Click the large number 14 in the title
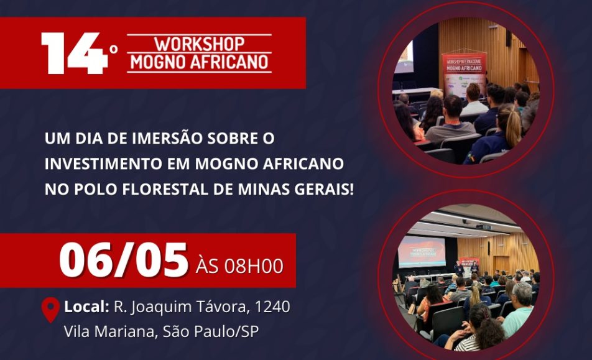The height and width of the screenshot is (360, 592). [75, 53]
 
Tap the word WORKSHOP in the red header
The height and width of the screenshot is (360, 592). [200, 44]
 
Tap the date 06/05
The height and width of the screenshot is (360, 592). [124, 261]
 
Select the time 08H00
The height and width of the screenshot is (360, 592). [254, 266]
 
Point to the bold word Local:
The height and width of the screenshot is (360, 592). [87, 307]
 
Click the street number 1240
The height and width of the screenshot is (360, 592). [272, 307]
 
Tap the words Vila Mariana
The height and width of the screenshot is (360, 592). [109, 331]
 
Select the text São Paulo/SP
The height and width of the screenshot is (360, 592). [211, 331]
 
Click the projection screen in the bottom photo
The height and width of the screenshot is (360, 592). [422, 252]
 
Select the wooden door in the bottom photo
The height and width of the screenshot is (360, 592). [502, 264]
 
